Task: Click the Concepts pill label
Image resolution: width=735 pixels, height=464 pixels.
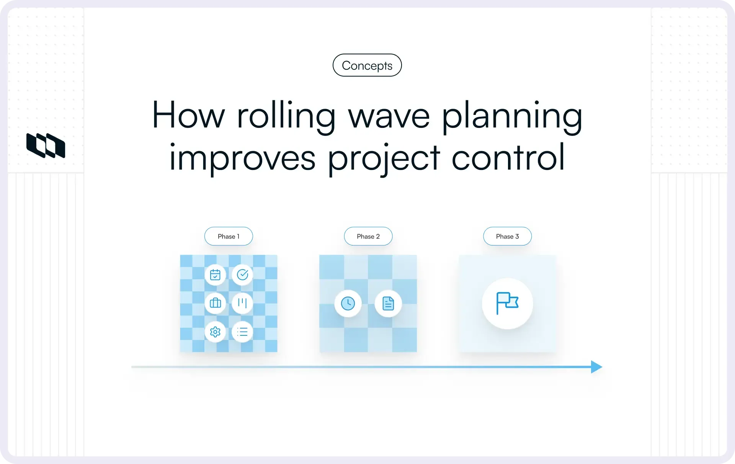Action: click(x=367, y=65)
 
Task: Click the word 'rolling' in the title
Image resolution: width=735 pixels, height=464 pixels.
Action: click(x=286, y=116)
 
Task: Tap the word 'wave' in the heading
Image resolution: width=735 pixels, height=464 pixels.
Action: click(x=389, y=116)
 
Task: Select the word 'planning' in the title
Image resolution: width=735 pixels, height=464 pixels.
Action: click(x=512, y=116)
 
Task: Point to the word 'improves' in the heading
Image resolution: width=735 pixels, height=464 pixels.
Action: click(x=242, y=158)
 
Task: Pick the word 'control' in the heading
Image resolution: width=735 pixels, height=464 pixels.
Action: click(x=508, y=158)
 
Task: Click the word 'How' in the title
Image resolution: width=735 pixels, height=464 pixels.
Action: click(x=188, y=116)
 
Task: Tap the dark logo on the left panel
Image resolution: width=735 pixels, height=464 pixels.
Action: click(x=46, y=145)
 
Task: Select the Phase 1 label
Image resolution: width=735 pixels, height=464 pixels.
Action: click(x=229, y=236)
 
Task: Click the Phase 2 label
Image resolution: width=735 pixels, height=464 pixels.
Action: click(x=368, y=236)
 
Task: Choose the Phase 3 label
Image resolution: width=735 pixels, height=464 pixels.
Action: click(x=507, y=236)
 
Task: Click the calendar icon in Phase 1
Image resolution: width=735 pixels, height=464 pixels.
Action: click(x=215, y=274)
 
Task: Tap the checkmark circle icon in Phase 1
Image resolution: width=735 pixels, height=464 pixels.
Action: click(x=242, y=274)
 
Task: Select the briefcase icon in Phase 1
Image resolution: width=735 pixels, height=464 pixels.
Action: click(x=215, y=303)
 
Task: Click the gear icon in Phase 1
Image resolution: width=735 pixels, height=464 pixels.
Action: click(x=215, y=332)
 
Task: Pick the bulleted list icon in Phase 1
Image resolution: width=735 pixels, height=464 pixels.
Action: click(x=242, y=332)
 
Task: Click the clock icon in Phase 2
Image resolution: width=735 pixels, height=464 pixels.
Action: click(x=348, y=304)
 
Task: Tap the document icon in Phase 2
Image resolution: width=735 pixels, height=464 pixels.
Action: click(x=388, y=304)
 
